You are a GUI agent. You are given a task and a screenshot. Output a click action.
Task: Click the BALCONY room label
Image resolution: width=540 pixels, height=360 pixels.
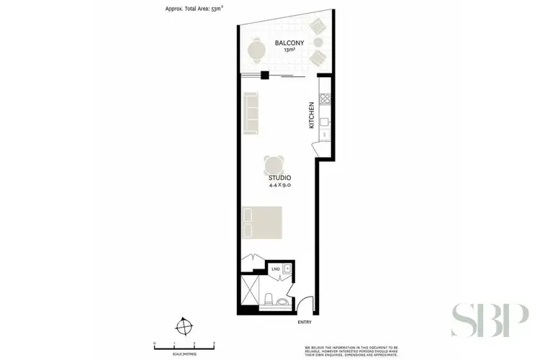(x=289, y=43)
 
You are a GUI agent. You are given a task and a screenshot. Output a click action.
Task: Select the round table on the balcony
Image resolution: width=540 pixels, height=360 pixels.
(x=256, y=50)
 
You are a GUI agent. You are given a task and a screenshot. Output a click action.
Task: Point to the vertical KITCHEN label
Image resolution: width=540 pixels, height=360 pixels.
(x=312, y=115)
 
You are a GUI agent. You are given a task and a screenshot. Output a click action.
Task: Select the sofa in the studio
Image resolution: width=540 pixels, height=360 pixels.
(x=251, y=114)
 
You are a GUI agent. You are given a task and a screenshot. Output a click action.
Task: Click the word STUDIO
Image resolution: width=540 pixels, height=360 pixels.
(x=280, y=177)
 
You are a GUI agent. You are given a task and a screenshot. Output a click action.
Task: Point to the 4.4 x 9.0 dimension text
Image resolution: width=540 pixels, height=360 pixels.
(x=280, y=185)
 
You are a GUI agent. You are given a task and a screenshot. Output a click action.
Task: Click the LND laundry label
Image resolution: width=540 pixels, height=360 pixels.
(x=276, y=269)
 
